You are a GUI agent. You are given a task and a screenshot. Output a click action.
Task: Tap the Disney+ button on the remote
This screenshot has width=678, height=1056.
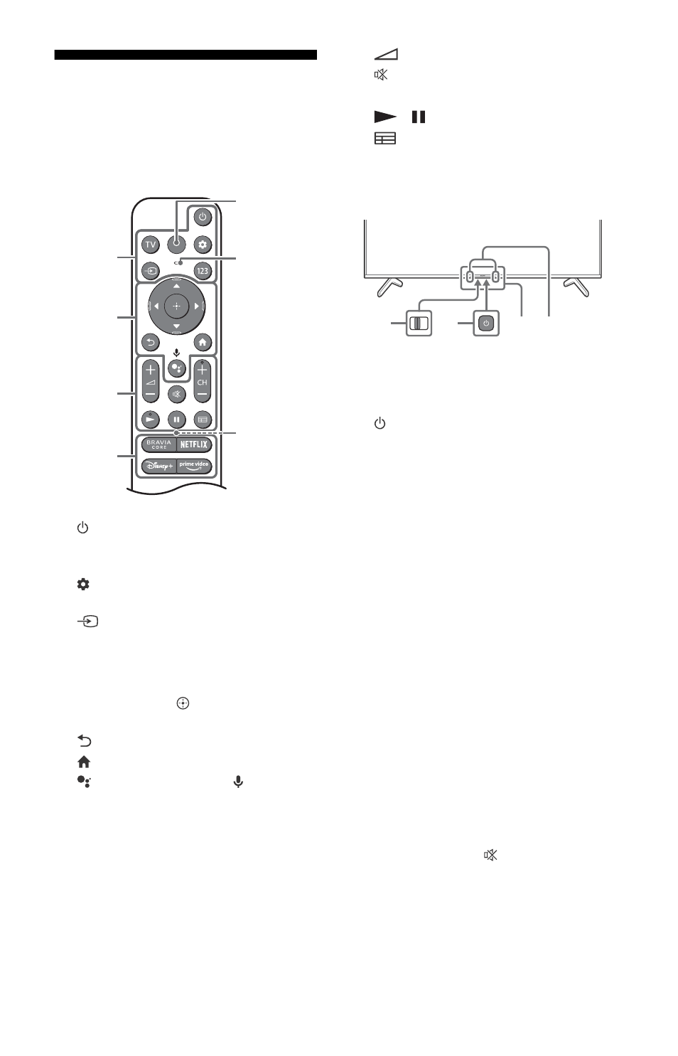158,466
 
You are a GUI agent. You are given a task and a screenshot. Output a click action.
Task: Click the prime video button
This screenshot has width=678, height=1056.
194,466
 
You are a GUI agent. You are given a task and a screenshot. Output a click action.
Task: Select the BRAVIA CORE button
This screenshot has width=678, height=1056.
158,444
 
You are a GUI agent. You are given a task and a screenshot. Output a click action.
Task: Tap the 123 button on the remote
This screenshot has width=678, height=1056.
203,271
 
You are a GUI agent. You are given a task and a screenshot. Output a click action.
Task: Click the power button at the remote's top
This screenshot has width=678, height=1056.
203,217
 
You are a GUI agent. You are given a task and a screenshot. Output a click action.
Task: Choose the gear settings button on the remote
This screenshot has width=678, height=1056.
203,244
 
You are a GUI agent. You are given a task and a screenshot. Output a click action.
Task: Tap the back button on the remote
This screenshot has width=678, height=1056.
151,342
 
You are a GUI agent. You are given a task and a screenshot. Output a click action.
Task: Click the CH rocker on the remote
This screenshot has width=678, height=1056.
202,381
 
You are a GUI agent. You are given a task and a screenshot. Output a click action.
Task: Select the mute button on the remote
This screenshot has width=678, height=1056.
177,394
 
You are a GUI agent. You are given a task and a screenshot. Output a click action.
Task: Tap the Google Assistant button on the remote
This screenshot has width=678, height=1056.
177,368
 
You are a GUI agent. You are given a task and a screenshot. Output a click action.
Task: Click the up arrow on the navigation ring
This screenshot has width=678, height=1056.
176,286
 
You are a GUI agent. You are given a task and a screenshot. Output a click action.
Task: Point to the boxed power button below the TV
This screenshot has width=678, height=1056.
486,324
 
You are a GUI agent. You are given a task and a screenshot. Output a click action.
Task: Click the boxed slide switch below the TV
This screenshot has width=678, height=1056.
419,324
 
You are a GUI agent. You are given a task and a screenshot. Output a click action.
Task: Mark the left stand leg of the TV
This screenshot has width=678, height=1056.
389,287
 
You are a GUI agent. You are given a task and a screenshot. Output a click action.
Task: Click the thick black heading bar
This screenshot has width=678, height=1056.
185,55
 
